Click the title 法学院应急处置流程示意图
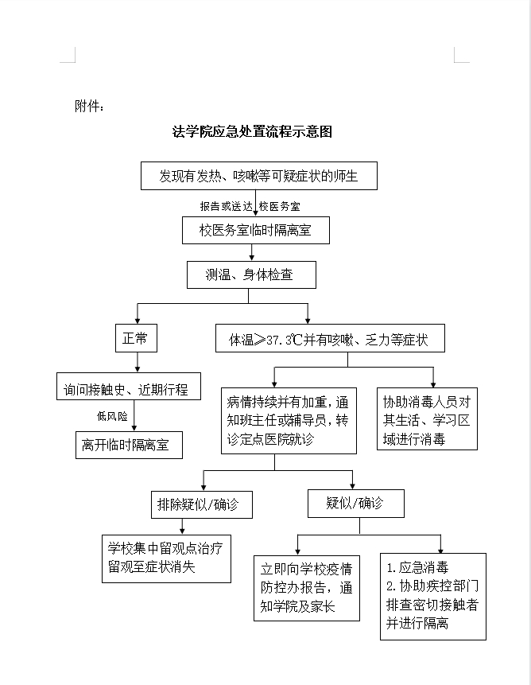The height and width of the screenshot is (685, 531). click(x=252, y=132)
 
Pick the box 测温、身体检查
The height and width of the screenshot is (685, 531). click(x=250, y=275)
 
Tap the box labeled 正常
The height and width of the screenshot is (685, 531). click(x=136, y=338)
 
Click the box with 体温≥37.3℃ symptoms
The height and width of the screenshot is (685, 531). click(x=329, y=340)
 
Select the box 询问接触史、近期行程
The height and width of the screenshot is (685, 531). click(x=128, y=389)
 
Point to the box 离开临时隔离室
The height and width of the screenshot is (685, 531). click(x=128, y=445)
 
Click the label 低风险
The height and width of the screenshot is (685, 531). click(x=112, y=416)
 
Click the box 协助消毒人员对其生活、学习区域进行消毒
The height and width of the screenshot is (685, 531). click(x=427, y=419)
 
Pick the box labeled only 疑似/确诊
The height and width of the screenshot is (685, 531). click(x=355, y=504)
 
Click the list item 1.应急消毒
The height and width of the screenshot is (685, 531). click(x=418, y=569)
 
